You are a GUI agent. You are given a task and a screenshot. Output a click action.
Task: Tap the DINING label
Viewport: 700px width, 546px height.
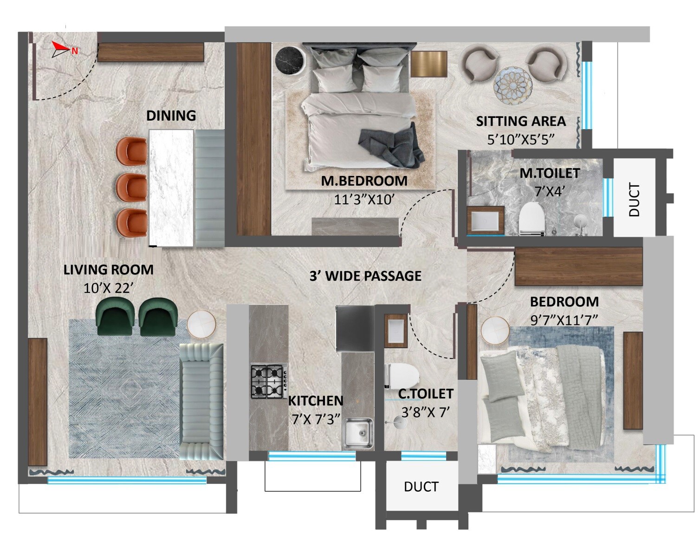click(171, 116)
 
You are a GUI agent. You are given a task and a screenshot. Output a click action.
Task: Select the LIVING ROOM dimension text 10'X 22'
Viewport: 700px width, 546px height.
click(109, 288)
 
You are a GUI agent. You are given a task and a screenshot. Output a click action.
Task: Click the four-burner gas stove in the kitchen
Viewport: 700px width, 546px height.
click(269, 382)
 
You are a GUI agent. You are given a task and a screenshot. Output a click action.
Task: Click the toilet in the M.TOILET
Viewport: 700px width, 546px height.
click(531, 218)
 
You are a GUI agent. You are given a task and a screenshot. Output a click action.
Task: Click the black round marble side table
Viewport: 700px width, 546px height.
click(290, 61)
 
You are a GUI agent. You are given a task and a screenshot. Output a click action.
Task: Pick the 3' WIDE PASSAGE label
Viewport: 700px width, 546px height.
click(365, 276)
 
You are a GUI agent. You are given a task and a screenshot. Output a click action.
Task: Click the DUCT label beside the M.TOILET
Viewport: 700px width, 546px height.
click(634, 200)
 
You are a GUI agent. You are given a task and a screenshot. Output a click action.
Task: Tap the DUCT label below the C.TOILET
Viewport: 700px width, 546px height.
click(421, 487)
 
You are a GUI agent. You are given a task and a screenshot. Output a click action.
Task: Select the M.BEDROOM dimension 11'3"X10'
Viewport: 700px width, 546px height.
click(364, 199)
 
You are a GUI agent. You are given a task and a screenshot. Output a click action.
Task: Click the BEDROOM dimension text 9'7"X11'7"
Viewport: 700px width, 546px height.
click(564, 319)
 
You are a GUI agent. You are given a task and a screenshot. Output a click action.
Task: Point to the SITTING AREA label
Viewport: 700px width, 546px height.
click(521, 122)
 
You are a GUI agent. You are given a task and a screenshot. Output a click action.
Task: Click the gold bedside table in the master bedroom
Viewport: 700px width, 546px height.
click(428, 63)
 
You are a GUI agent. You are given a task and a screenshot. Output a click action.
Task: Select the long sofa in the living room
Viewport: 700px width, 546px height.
click(201, 402)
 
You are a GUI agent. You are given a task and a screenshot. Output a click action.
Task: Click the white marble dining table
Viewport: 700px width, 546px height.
click(171, 188)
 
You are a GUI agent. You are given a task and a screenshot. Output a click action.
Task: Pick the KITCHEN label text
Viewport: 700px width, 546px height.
click(316, 401)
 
